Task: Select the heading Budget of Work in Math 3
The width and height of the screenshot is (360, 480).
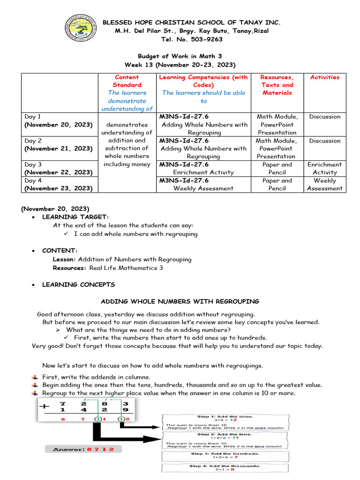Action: point(180,56)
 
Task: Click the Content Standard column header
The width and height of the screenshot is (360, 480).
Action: point(127,81)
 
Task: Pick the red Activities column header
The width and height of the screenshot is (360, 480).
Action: point(324,77)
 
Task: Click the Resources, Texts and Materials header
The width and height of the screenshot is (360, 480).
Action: point(277,85)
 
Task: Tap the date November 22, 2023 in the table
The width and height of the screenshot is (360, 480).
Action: point(59,172)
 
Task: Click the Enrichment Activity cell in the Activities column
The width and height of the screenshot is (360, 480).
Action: point(324,168)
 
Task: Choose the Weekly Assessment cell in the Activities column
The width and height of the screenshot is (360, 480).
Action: point(324,184)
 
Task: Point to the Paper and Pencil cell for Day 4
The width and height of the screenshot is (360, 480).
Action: point(277,184)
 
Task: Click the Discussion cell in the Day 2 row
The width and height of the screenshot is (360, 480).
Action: point(324,141)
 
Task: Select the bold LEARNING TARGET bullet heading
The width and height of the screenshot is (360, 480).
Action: point(75,217)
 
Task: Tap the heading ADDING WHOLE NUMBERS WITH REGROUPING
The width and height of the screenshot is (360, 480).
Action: point(180,301)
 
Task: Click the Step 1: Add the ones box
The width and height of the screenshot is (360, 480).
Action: point(225,421)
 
